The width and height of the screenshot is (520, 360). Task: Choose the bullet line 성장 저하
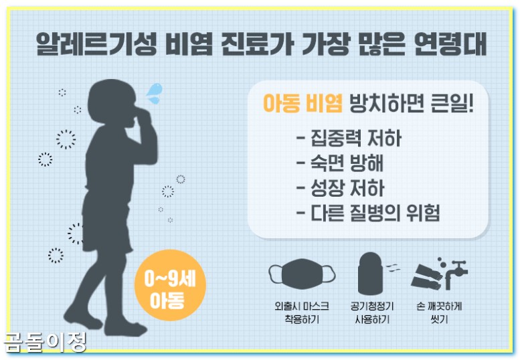[340, 188]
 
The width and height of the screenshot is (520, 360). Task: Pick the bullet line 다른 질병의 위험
[367, 213]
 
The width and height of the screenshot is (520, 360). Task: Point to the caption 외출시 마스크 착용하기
[301, 312]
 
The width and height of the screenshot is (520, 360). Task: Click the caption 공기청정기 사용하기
[372, 312]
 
